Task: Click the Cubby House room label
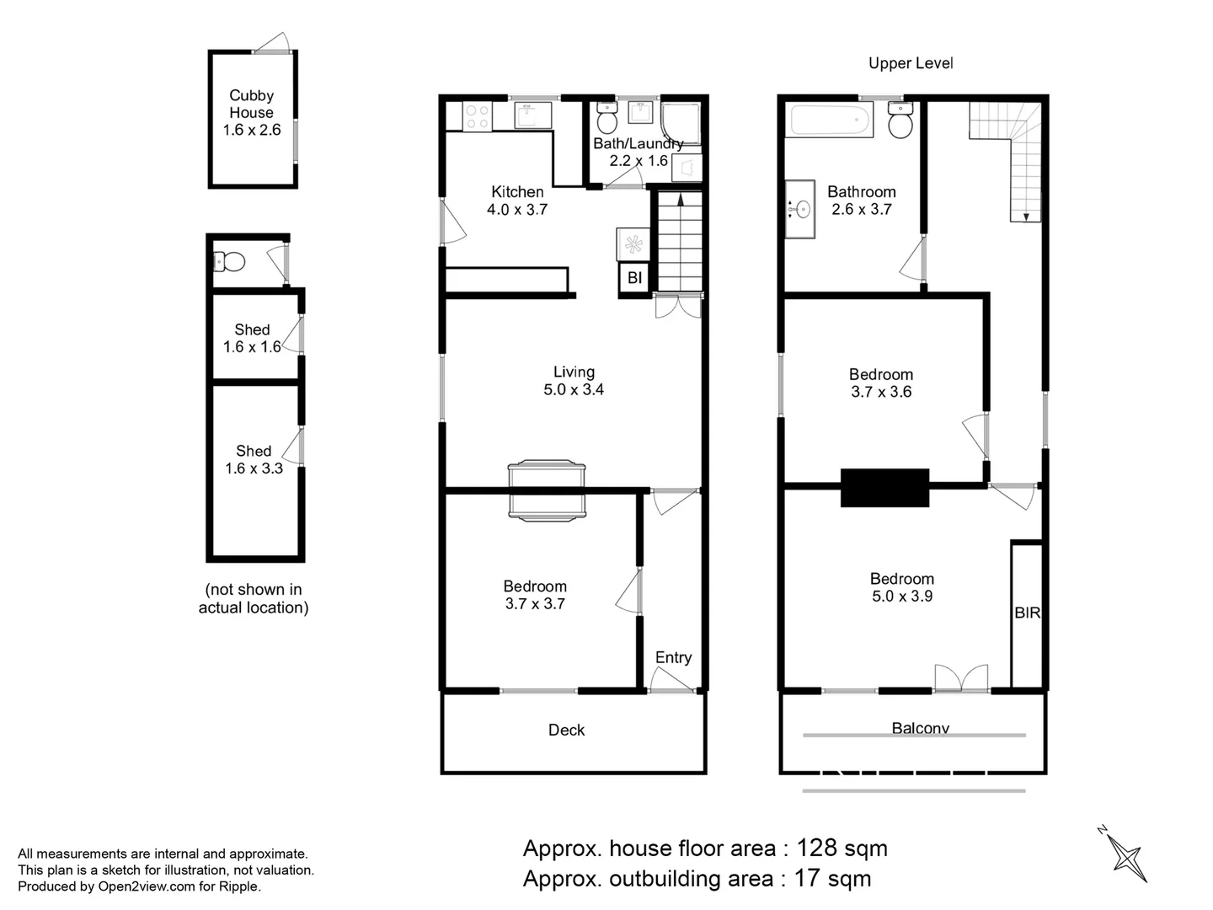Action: tap(251, 112)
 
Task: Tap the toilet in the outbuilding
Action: tap(229, 261)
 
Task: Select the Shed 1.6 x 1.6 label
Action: tap(252, 338)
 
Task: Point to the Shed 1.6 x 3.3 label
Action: tap(254, 459)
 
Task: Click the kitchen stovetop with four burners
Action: tap(477, 116)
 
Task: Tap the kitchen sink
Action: tap(532, 115)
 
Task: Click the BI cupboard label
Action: tap(634, 277)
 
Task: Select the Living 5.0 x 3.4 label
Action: tap(574, 381)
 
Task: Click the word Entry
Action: tap(673, 657)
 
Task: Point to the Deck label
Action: tap(566, 730)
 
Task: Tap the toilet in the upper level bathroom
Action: tap(900, 120)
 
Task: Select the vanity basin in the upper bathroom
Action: tap(799, 209)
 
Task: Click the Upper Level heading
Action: tap(911, 63)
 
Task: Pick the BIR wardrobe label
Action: tap(1028, 613)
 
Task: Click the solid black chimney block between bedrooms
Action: tap(884, 487)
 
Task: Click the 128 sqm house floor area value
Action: tap(842, 848)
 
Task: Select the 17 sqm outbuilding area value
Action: tap(832, 879)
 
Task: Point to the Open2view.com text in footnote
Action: tap(147, 886)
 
